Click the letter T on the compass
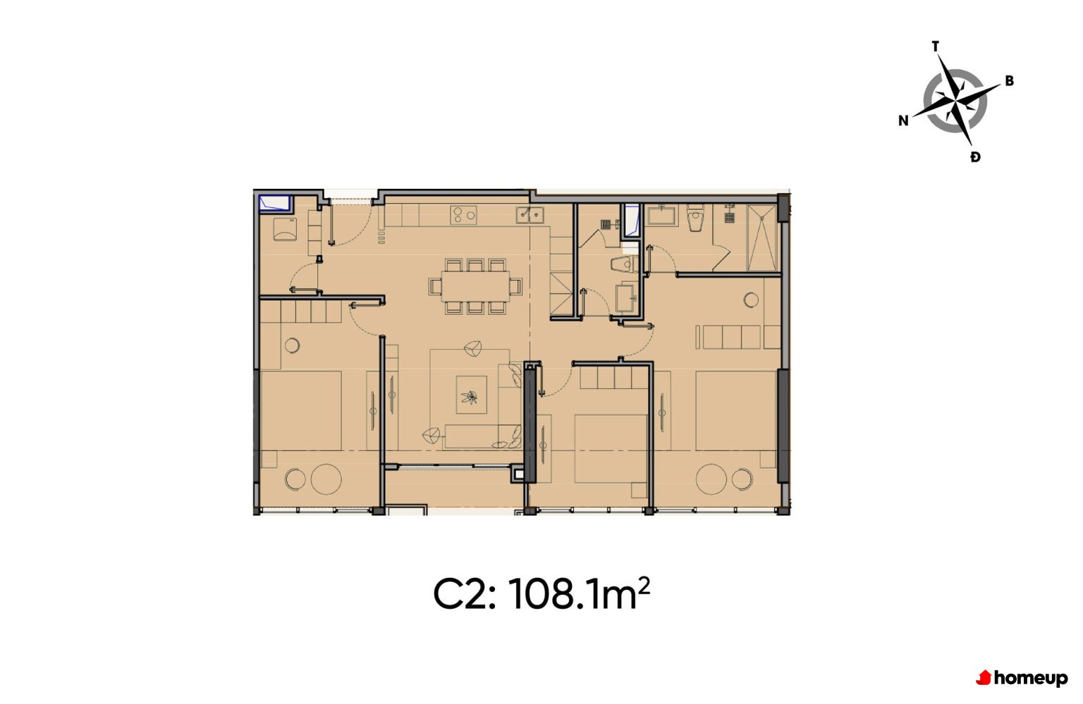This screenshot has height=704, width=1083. (x=936, y=47)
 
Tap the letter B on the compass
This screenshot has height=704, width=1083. (x=1009, y=81)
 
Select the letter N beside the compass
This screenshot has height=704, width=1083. (x=903, y=121)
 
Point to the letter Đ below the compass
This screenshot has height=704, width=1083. (x=975, y=157)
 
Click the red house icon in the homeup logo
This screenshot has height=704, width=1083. (x=984, y=678)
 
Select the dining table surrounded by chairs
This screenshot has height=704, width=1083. (x=475, y=286)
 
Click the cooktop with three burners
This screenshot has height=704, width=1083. (x=463, y=215)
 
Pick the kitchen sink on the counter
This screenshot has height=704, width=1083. (x=530, y=214)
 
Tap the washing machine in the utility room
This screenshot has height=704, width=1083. (x=286, y=229)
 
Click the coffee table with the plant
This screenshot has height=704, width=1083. (x=472, y=395)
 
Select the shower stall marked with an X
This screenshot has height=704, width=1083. (x=762, y=237)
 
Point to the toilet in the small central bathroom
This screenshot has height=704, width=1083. (x=625, y=264)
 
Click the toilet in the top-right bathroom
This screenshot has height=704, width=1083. (x=696, y=218)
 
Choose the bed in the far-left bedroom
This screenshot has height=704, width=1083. (x=301, y=411)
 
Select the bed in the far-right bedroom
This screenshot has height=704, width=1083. (x=736, y=411)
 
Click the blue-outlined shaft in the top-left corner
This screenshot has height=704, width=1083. (x=275, y=204)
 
